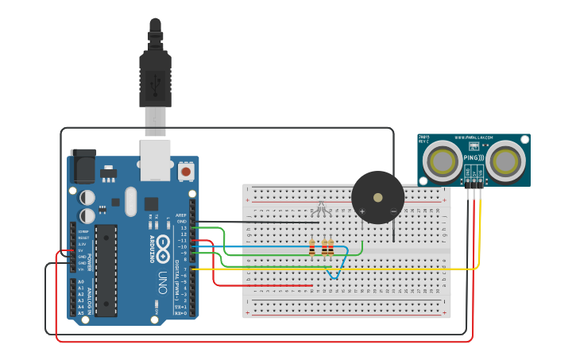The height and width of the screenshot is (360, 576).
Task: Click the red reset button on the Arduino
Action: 186,170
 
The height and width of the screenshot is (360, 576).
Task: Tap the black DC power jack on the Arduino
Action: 83,166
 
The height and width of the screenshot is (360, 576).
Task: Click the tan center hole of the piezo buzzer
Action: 378,197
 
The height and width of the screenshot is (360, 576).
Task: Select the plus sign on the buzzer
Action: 362,211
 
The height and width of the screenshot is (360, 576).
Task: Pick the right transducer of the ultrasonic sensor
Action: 505,161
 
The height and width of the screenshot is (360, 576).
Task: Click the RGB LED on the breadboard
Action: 321,208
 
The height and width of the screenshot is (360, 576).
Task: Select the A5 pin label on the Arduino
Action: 80,313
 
